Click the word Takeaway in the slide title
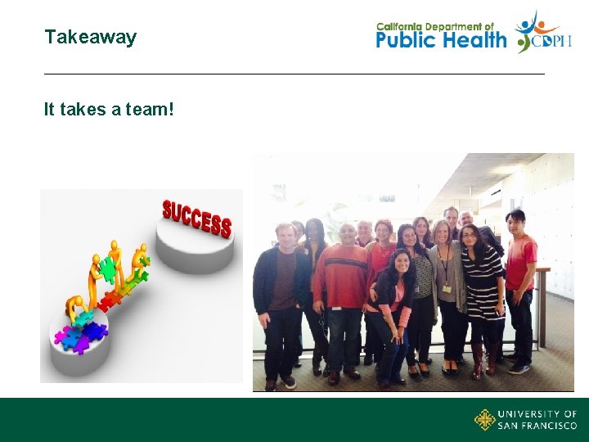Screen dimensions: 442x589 click(90, 37)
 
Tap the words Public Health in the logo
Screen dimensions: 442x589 click(441, 39)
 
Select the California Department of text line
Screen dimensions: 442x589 click(435, 25)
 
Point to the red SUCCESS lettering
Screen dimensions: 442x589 click(196, 217)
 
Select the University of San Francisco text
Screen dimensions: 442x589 click(537, 420)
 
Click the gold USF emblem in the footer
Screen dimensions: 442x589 click(484, 420)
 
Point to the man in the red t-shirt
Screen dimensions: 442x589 click(519, 270)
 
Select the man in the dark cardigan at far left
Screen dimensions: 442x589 click(278, 295)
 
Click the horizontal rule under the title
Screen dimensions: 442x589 click(294, 74)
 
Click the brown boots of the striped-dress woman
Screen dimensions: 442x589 click(483, 364)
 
